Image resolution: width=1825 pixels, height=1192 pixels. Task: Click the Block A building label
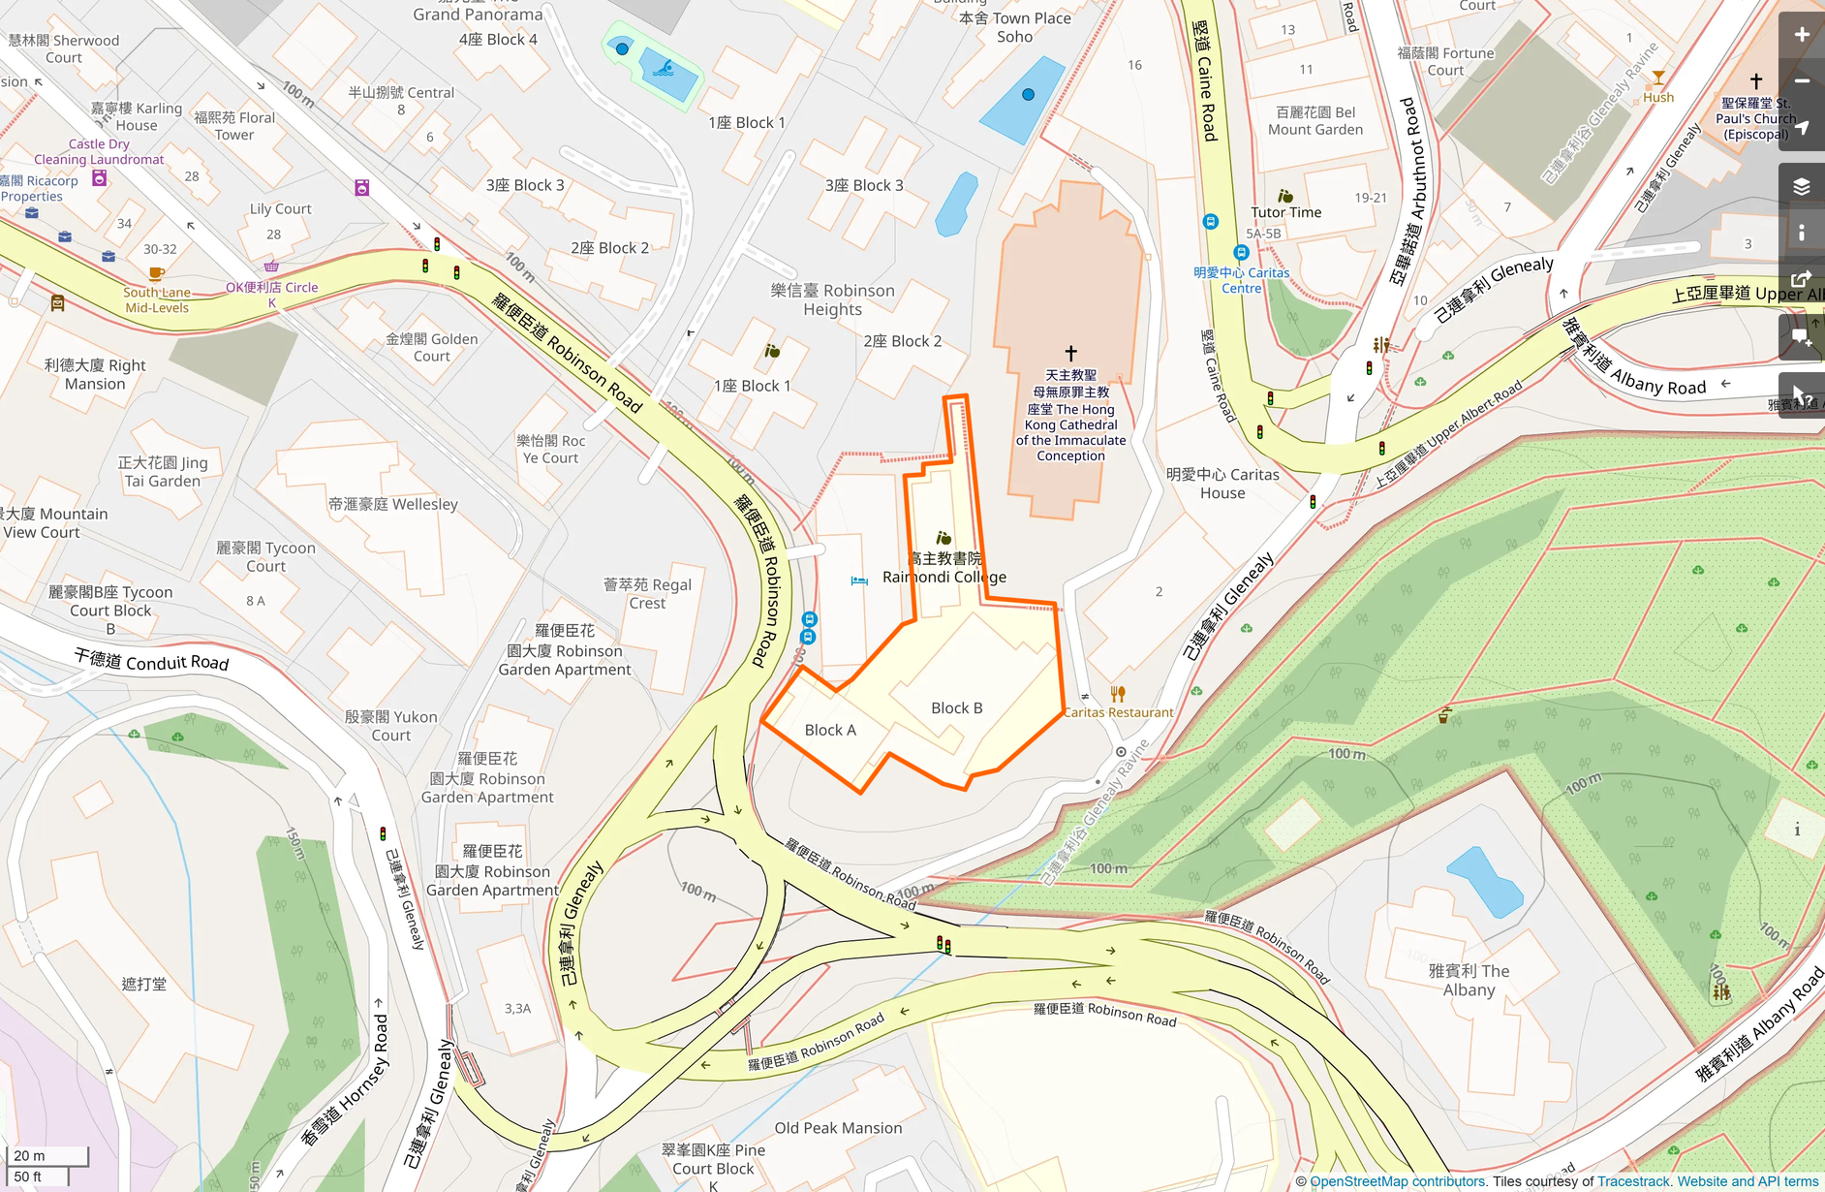point(830,731)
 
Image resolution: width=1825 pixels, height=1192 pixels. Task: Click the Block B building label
point(956,708)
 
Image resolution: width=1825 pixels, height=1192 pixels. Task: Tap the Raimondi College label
point(943,577)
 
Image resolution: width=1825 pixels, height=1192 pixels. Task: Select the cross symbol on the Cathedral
point(1070,353)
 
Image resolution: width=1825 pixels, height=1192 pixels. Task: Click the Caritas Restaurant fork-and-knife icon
point(1118,694)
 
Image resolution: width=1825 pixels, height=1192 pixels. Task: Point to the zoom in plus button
point(1802,35)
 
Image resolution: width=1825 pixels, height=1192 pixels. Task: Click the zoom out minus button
point(1802,81)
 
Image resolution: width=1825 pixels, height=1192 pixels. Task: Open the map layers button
point(1802,186)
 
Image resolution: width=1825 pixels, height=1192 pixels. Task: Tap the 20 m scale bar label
point(30,1155)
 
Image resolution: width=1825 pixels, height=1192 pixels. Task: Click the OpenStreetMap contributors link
point(1398,1181)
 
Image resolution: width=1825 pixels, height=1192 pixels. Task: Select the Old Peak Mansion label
point(838,1128)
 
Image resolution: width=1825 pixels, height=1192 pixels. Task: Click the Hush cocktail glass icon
point(1658,78)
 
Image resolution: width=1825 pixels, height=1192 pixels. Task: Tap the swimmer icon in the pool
point(664,68)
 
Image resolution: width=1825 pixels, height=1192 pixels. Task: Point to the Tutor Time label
point(1285,212)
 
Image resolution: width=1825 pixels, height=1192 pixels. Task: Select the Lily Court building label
point(280,208)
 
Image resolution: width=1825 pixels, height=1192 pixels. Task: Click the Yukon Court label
point(391,726)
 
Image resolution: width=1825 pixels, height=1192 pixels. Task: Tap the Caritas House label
point(1222,484)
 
